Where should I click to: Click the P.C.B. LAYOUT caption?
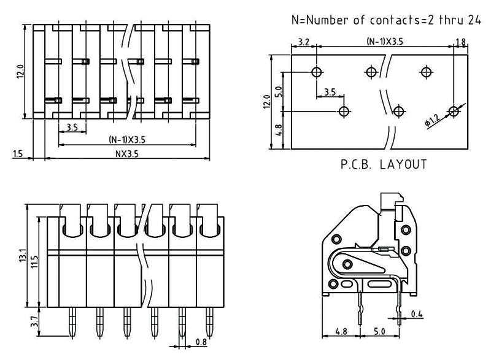click(x=383, y=164)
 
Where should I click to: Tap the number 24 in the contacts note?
click(x=473, y=20)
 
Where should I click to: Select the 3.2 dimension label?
click(x=303, y=42)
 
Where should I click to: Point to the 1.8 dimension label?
click(x=461, y=42)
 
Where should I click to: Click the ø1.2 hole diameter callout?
click(x=432, y=121)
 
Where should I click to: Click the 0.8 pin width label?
click(x=201, y=342)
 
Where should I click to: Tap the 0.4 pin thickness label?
click(x=417, y=315)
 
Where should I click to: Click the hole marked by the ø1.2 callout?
click(x=453, y=111)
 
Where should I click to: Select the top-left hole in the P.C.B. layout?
click(x=317, y=72)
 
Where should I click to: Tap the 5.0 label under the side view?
click(x=380, y=331)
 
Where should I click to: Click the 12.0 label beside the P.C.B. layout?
click(x=267, y=101)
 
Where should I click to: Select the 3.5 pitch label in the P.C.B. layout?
click(x=329, y=92)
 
